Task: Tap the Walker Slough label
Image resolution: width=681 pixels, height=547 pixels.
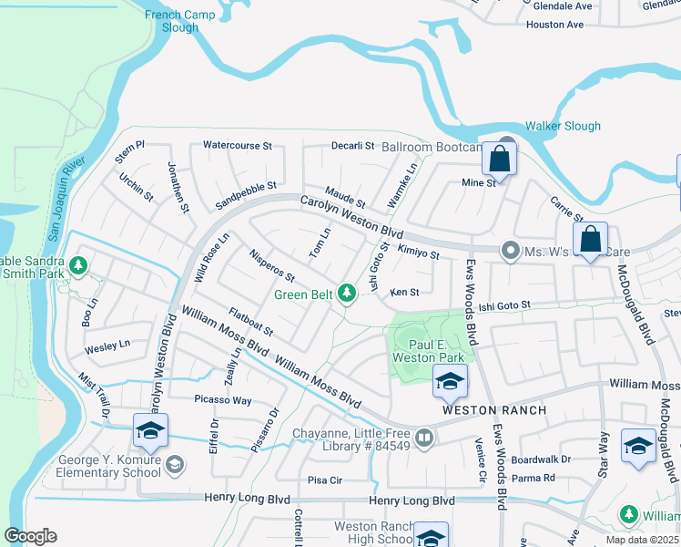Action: (x=563, y=127)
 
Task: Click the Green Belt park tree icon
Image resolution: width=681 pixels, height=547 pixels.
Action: (x=346, y=293)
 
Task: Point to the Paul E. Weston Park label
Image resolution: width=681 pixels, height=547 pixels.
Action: (x=424, y=351)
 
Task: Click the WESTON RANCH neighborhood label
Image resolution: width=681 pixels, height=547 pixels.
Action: (x=494, y=410)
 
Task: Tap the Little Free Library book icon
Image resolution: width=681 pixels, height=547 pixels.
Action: (x=423, y=439)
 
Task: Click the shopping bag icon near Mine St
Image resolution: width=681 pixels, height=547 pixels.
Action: (x=499, y=160)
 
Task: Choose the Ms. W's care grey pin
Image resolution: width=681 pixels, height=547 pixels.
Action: (x=511, y=250)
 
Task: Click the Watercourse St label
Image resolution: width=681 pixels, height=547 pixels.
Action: (x=237, y=145)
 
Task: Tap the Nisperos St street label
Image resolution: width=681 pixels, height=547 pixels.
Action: (x=271, y=264)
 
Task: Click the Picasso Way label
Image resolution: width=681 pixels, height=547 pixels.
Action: (x=222, y=399)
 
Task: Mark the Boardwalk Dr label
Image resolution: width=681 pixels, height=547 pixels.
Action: (x=540, y=459)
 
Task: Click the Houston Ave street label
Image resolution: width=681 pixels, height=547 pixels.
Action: (x=554, y=25)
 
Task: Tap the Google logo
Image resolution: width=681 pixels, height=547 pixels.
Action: (x=30, y=536)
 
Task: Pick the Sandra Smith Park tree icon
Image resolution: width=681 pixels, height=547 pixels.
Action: (x=79, y=265)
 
